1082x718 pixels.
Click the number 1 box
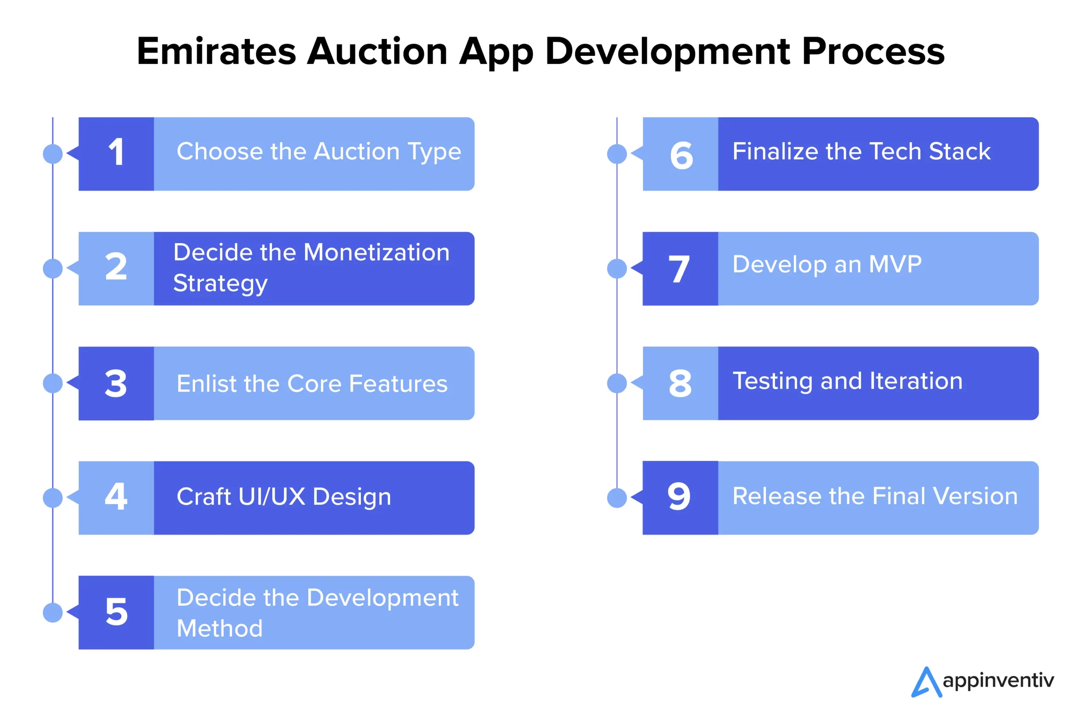click(116, 154)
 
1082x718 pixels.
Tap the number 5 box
click(116, 613)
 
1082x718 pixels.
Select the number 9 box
click(680, 498)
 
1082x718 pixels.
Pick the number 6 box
click(680, 154)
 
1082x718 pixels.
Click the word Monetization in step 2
click(377, 252)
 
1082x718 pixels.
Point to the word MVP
click(895, 264)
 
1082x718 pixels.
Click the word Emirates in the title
click(216, 51)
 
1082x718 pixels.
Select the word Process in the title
click(873, 51)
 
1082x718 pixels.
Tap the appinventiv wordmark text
click(998, 681)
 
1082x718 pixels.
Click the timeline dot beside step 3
click(53, 383)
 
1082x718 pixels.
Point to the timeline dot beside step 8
click(617, 383)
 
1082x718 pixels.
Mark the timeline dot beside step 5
click(53, 613)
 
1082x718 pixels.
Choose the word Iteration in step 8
click(916, 381)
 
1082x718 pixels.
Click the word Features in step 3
click(398, 384)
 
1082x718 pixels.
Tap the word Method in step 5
click(220, 628)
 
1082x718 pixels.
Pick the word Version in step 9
click(975, 496)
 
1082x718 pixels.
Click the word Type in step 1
click(434, 153)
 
